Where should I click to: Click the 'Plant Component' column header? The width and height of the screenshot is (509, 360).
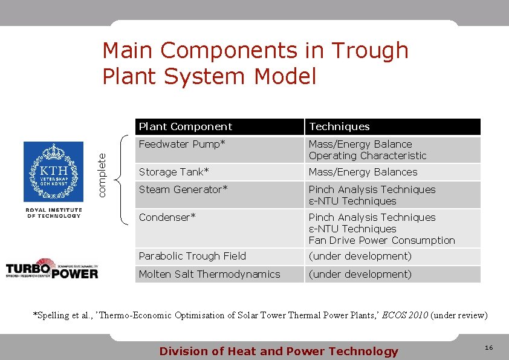click(x=186, y=126)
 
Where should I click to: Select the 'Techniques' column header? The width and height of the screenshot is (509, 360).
click(x=339, y=126)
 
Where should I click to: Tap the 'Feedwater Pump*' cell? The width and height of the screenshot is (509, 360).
click(x=182, y=144)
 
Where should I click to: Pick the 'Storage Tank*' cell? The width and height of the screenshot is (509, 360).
click(x=173, y=172)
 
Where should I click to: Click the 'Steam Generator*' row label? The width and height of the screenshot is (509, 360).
click(x=183, y=189)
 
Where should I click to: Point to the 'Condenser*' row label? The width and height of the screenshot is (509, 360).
click(x=167, y=217)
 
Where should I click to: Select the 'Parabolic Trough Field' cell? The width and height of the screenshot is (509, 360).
click(x=192, y=256)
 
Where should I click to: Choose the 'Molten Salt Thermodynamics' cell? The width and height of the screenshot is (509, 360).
click(x=209, y=274)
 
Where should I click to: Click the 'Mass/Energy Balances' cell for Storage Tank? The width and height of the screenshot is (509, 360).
click(x=363, y=172)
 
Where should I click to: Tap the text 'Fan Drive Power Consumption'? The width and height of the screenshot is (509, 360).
click(x=381, y=240)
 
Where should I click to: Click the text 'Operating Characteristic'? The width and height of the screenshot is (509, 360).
click(x=368, y=155)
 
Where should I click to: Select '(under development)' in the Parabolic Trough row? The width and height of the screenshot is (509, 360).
click(x=360, y=256)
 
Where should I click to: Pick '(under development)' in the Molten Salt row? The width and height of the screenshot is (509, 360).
click(x=360, y=274)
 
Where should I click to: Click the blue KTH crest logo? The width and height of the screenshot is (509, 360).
click(x=53, y=172)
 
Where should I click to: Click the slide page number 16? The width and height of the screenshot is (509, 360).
click(x=488, y=348)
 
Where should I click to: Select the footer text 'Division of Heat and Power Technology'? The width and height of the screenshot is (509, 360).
click(x=279, y=351)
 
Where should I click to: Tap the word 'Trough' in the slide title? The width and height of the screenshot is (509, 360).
click(x=371, y=51)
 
